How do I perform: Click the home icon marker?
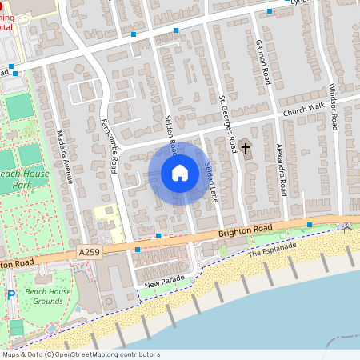pyautogui.click(x=180, y=173)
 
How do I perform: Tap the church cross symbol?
pyautogui.click(x=246, y=148)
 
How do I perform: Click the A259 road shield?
pyautogui.click(x=90, y=252)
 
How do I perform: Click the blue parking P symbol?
pyautogui.click(x=11, y=295)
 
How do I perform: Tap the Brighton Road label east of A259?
pyautogui.click(x=246, y=230)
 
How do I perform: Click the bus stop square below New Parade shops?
pyautogui.click(x=138, y=250)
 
